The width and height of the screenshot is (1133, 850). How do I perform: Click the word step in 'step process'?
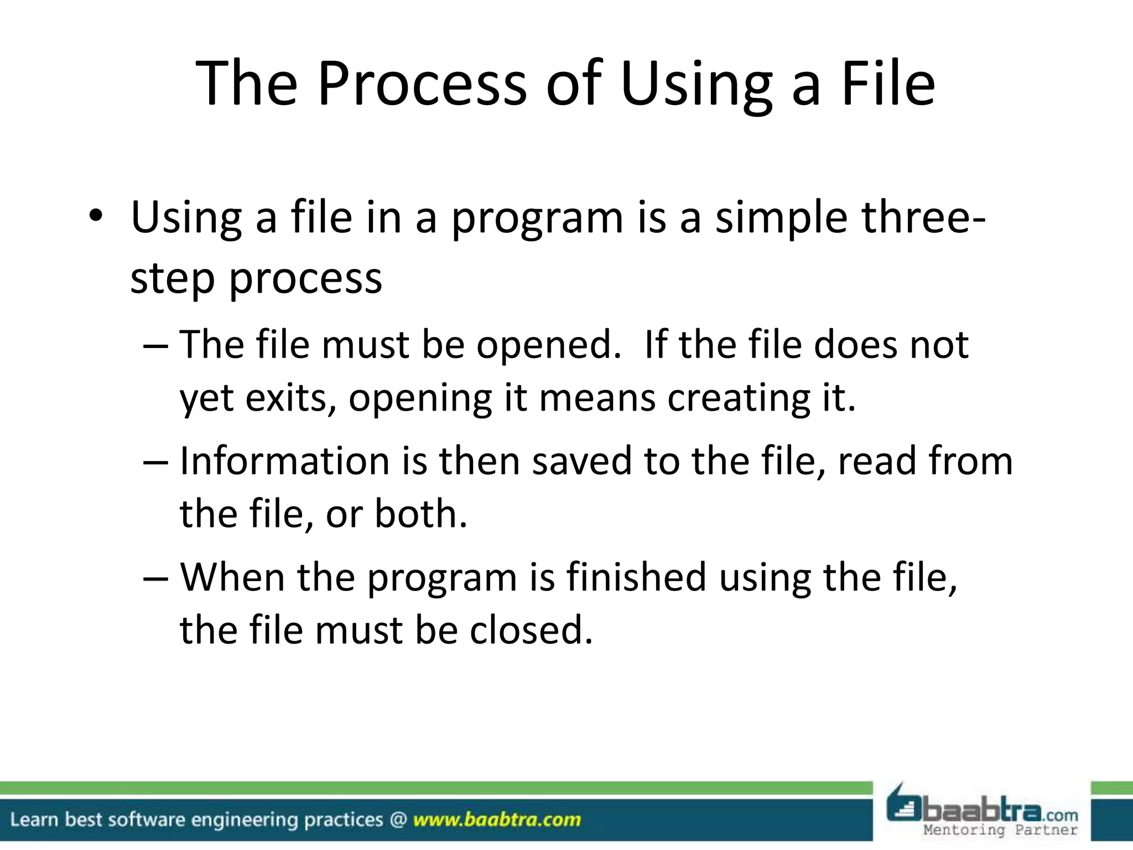[x=172, y=278]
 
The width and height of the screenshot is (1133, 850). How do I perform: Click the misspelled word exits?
[x=287, y=398]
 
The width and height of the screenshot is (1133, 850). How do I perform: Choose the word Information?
[x=285, y=461]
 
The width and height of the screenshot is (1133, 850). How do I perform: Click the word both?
[x=421, y=514]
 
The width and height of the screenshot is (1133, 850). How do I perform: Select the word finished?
[x=636, y=577]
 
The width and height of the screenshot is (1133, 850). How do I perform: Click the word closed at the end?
[x=531, y=630]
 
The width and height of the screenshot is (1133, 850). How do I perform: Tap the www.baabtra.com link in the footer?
[x=497, y=820]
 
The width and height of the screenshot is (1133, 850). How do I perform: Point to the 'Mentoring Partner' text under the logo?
[x=1001, y=830]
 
